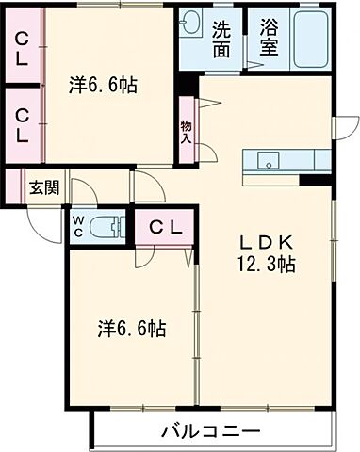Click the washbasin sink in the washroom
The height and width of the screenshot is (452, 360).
coord(192,23)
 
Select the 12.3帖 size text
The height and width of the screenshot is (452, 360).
coord(269,265)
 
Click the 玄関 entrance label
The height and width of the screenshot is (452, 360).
coord(43,186)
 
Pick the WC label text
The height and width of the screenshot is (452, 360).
coord(79,226)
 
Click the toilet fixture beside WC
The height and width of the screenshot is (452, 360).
coord(108,226)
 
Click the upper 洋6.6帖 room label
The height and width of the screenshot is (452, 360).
coord(104,86)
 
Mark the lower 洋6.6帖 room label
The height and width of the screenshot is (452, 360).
coord(134,329)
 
